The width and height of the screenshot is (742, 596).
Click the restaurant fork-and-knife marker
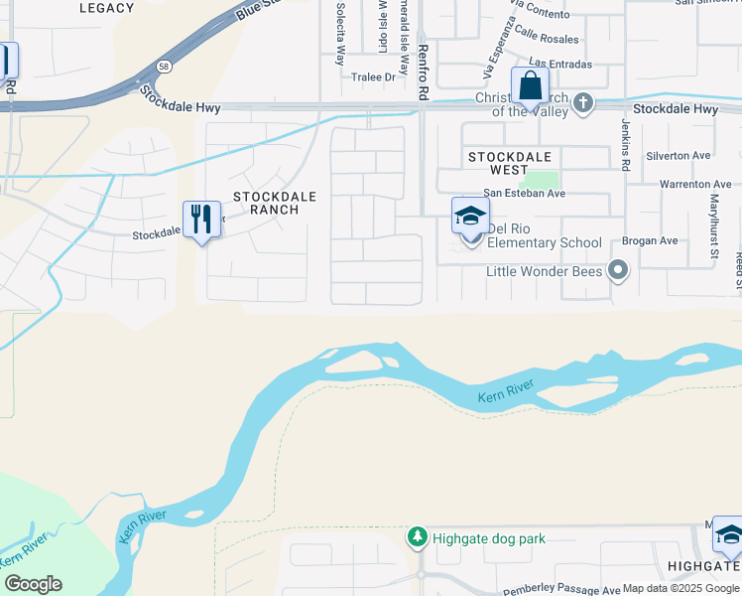coord(201,220)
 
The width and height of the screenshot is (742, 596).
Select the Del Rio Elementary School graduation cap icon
coord(470,217)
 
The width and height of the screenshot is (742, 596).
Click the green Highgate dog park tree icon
coord(418,537)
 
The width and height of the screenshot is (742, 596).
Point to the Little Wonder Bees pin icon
coord(620,270)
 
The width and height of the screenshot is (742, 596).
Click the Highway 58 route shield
coord(162,68)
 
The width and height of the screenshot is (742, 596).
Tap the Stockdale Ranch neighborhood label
coord(274,203)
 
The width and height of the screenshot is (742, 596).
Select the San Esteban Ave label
coord(524,193)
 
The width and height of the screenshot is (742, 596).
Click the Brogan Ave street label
coord(650,240)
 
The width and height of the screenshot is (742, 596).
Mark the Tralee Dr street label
coord(375,76)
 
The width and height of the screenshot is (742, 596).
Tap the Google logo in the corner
coord(33,584)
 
